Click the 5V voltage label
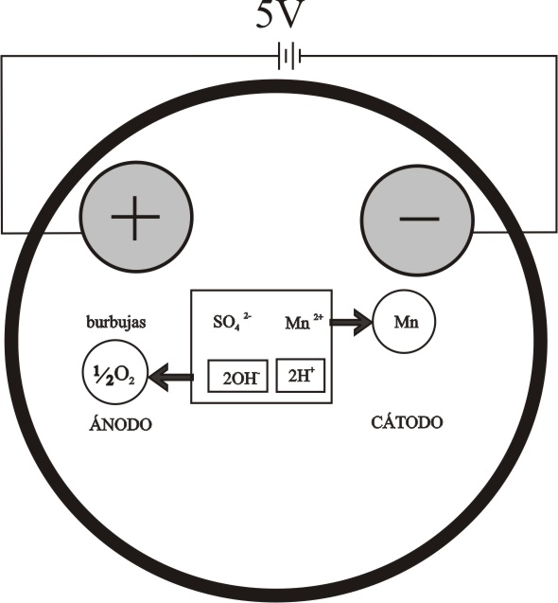281,14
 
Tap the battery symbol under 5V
289,57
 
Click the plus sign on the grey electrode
135,218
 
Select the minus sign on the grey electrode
419,220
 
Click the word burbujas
116,322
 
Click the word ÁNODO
120,424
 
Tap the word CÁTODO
407,422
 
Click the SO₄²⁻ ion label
232,321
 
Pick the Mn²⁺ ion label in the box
304,322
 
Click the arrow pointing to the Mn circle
351,322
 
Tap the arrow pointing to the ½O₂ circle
171,378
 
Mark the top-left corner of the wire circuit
2,56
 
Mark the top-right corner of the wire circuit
556,56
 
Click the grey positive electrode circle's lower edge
136,271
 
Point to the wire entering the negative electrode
515,232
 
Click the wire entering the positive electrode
41,233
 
